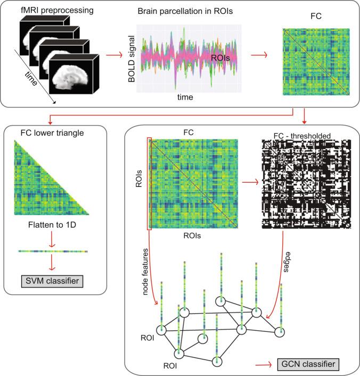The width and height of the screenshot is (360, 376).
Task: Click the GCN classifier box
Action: point(308,365)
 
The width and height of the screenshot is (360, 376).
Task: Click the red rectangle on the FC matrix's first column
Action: point(149,184)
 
